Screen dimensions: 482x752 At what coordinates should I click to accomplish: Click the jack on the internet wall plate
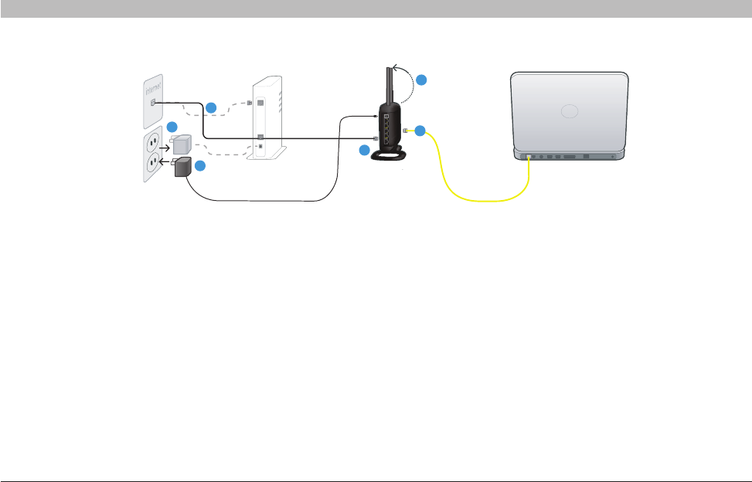153,102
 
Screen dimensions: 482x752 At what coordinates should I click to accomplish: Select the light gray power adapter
182,144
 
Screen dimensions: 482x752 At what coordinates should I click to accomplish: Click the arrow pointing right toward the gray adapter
162,144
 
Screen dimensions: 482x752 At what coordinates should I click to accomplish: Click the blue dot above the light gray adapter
173,127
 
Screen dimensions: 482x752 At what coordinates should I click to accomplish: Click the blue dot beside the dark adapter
199,166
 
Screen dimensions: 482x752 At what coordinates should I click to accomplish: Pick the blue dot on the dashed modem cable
211,106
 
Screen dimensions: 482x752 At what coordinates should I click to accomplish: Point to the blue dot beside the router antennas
420,80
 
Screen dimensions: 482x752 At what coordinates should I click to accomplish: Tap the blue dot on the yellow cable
420,131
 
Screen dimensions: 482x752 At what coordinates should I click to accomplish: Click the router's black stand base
390,157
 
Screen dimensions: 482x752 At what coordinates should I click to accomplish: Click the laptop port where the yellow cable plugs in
528,157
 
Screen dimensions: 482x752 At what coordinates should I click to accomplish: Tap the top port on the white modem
260,103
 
